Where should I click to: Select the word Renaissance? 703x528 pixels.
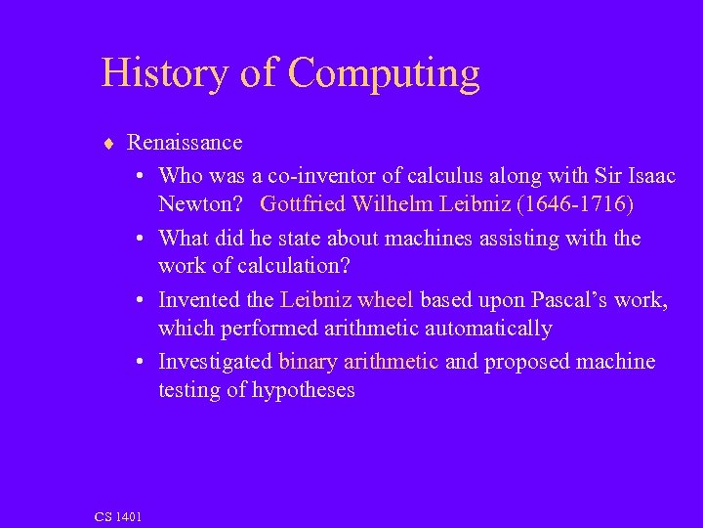(x=185, y=143)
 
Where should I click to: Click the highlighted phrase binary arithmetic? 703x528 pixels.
(x=357, y=362)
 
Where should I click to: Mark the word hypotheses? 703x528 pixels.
(x=303, y=391)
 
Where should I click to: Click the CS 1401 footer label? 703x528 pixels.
(x=118, y=516)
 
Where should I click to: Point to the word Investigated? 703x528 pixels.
(x=215, y=362)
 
